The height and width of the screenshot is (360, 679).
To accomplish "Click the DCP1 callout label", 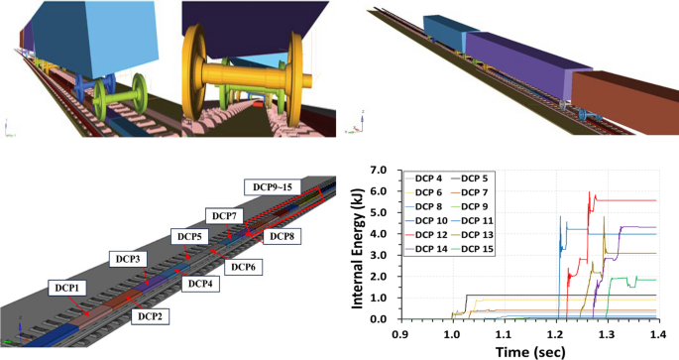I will pos(65,286).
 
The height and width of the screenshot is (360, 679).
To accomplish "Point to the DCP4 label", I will pos(199,284).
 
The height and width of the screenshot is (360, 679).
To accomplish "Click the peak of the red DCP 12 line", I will pos(590,191).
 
